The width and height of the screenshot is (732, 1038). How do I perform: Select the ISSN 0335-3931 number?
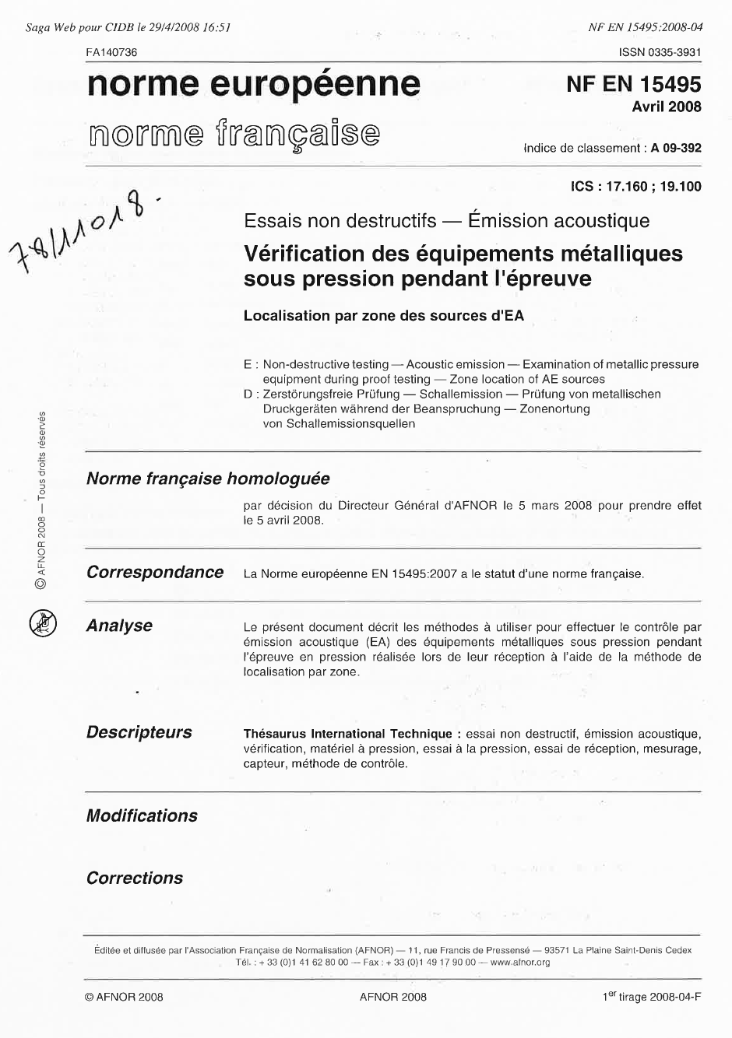(x=660, y=52)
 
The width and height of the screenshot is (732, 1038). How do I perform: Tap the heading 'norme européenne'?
(x=253, y=84)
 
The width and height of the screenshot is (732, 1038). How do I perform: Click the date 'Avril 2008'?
(x=666, y=107)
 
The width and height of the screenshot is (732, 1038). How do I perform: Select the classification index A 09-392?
(x=676, y=148)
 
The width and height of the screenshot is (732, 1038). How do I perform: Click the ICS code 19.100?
(x=680, y=187)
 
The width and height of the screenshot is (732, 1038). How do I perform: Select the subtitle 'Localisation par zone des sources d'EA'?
(x=384, y=316)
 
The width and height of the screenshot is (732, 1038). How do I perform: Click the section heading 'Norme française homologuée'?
(x=208, y=479)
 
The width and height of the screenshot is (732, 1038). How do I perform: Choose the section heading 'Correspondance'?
(x=155, y=572)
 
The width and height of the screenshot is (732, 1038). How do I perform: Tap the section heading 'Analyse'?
(x=119, y=626)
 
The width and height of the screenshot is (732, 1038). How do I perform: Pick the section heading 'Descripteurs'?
(x=139, y=732)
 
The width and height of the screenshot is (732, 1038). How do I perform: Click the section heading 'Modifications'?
(x=142, y=815)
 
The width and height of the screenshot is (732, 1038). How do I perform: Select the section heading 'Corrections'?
(x=135, y=878)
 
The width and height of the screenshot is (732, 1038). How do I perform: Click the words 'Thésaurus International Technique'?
(x=347, y=734)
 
